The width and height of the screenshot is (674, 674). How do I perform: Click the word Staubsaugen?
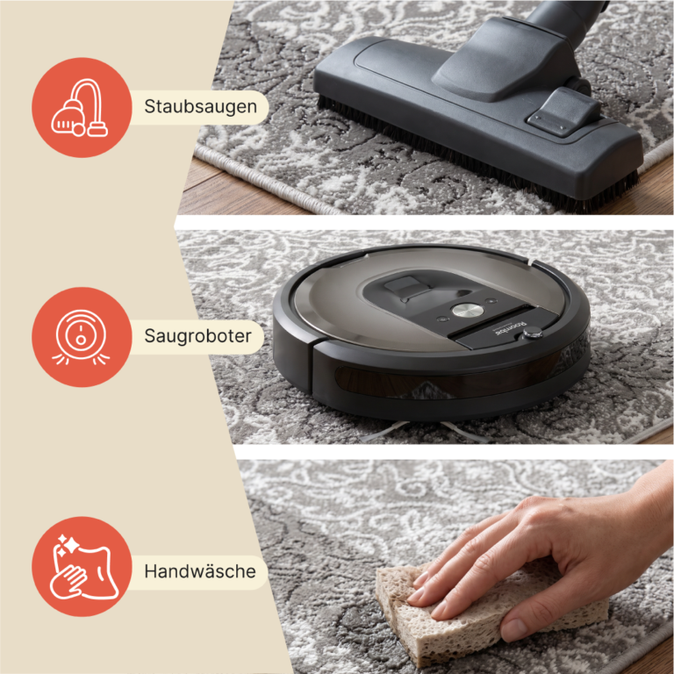(200, 107)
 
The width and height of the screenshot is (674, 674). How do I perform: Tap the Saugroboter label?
(197, 336)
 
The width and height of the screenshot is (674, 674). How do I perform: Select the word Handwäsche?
(200, 571)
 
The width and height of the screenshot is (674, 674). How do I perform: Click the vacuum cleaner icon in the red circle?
(80, 107)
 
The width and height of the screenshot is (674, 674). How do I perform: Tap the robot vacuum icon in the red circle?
(81, 337)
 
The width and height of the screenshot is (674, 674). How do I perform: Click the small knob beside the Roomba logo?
(532, 333)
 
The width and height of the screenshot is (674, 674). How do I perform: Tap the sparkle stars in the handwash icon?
(68, 546)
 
